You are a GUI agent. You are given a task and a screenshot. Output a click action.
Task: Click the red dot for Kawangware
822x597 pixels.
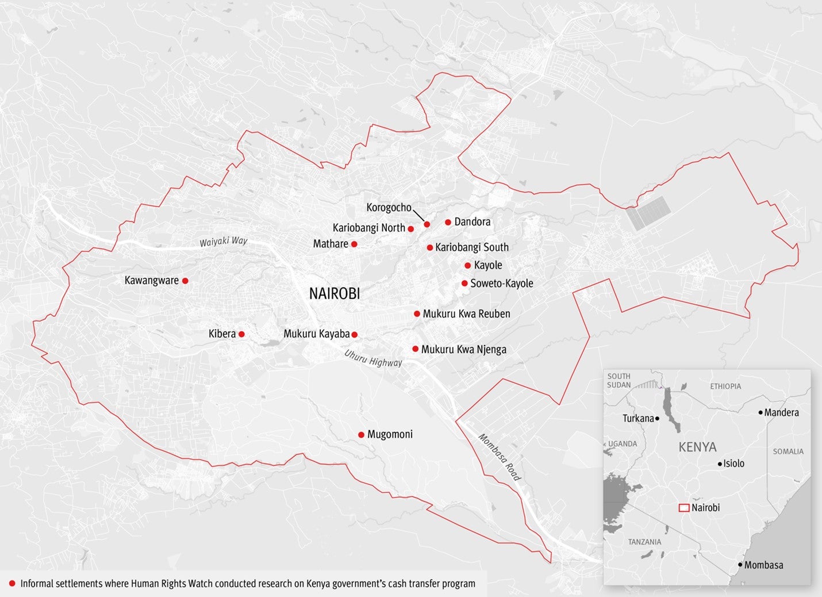(185, 281)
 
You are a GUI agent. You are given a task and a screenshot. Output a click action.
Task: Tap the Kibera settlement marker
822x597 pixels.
(241, 334)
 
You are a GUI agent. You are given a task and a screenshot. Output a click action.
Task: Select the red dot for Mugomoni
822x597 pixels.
(361, 435)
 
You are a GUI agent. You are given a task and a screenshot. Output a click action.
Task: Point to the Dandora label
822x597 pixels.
(472, 222)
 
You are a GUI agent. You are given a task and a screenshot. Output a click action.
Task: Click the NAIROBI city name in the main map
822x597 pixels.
(335, 293)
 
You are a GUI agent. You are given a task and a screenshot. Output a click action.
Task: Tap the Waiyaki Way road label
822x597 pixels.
(223, 242)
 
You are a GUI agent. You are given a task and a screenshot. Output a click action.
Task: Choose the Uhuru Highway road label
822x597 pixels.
(373, 358)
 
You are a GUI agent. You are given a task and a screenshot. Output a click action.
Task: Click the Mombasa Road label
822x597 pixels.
(500, 457)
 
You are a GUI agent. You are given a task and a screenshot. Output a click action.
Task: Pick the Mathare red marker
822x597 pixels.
(354, 244)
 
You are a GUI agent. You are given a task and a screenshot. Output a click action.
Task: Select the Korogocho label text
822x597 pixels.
(389, 208)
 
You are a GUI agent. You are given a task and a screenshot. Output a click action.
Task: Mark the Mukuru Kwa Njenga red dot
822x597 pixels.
(415, 349)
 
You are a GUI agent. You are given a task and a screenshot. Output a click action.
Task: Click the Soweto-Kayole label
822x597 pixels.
(501, 284)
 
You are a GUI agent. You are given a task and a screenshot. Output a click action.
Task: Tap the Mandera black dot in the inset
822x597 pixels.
(760, 412)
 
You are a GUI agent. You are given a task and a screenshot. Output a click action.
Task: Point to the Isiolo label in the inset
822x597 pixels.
(733, 464)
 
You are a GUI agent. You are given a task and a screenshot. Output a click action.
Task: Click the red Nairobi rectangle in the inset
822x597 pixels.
(683, 508)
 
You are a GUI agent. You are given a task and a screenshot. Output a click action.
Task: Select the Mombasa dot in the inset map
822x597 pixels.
(740, 565)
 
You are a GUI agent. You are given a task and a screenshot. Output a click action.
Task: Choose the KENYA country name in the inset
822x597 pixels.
(697, 447)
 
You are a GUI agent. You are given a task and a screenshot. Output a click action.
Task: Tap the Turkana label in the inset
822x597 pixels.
(638, 419)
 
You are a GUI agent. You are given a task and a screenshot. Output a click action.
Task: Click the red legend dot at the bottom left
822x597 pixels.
(12, 584)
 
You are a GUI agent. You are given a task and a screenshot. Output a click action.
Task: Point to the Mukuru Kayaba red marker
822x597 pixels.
(355, 335)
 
